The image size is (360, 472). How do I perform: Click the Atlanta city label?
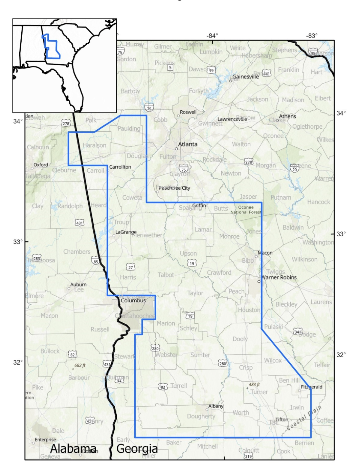click(x=187, y=144)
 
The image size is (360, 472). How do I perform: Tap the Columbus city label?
click(x=133, y=300)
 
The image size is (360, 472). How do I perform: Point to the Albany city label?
click(x=216, y=406)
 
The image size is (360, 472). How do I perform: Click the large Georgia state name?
click(x=137, y=449)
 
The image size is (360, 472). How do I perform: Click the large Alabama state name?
click(x=73, y=449)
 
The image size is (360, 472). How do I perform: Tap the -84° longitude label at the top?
click(x=212, y=36)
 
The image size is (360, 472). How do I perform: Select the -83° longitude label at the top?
click(x=312, y=36)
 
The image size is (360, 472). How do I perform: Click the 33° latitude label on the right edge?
click(x=341, y=234)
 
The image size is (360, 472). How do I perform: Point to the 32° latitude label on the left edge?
click(x=18, y=362)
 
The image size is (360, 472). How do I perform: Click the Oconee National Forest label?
click(x=246, y=210)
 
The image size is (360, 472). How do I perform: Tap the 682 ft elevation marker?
click(x=80, y=365)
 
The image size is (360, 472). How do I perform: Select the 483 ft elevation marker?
click(x=254, y=385)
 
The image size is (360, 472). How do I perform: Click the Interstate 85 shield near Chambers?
click(x=96, y=260)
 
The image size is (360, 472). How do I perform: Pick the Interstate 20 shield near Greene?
click(x=295, y=168)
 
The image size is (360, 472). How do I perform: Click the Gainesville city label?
click(x=246, y=77)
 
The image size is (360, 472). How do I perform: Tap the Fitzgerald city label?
click(x=312, y=387)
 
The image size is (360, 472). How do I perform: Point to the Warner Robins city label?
click(x=279, y=277)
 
